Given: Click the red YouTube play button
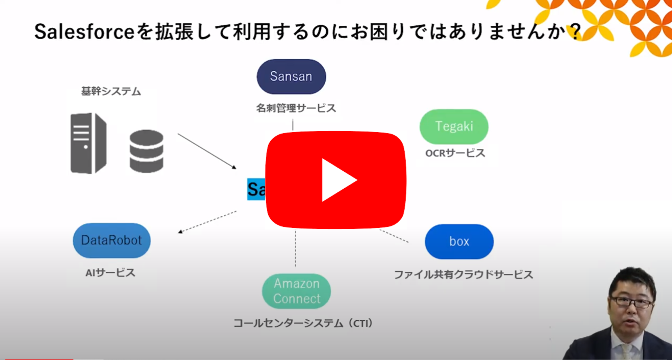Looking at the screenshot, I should pyautogui.click(x=336, y=180).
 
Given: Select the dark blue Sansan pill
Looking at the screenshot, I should pyautogui.click(x=291, y=77).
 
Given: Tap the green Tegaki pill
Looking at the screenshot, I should pyautogui.click(x=454, y=126).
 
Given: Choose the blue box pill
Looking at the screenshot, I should pyautogui.click(x=459, y=241).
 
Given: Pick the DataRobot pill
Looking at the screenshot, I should pyautogui.click(x=111, y=240).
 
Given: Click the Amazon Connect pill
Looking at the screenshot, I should pyautogui.click(x=296, y=291).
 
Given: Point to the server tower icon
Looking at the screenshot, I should pyautogui.click(x=88, y=143).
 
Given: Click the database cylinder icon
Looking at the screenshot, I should pyautogui.click(x=146, y=151).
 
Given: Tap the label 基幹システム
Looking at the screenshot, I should pyautogui.click(x=111, y=91).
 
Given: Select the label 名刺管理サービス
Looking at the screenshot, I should pyautogui.click(x=296, y=108).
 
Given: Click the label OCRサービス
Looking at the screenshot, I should pyautogui.click(x=455, y=153).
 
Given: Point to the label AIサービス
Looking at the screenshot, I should pyautogui.click(x=110, y=272).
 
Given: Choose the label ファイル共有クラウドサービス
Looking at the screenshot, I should pyautogui.click(x=463, y=274).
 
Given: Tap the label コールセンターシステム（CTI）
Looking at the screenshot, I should pyautogui.click(x=303, y=323).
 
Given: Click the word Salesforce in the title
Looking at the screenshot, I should pyautogui.click(x=84, y=32).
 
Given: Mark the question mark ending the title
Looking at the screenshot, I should pyautogui.click(x=574, y=32).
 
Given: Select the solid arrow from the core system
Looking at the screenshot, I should pyautogui.click(x=207, y=151).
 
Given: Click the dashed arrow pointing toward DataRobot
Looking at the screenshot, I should pyautogui.click(x=207, y=222).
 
